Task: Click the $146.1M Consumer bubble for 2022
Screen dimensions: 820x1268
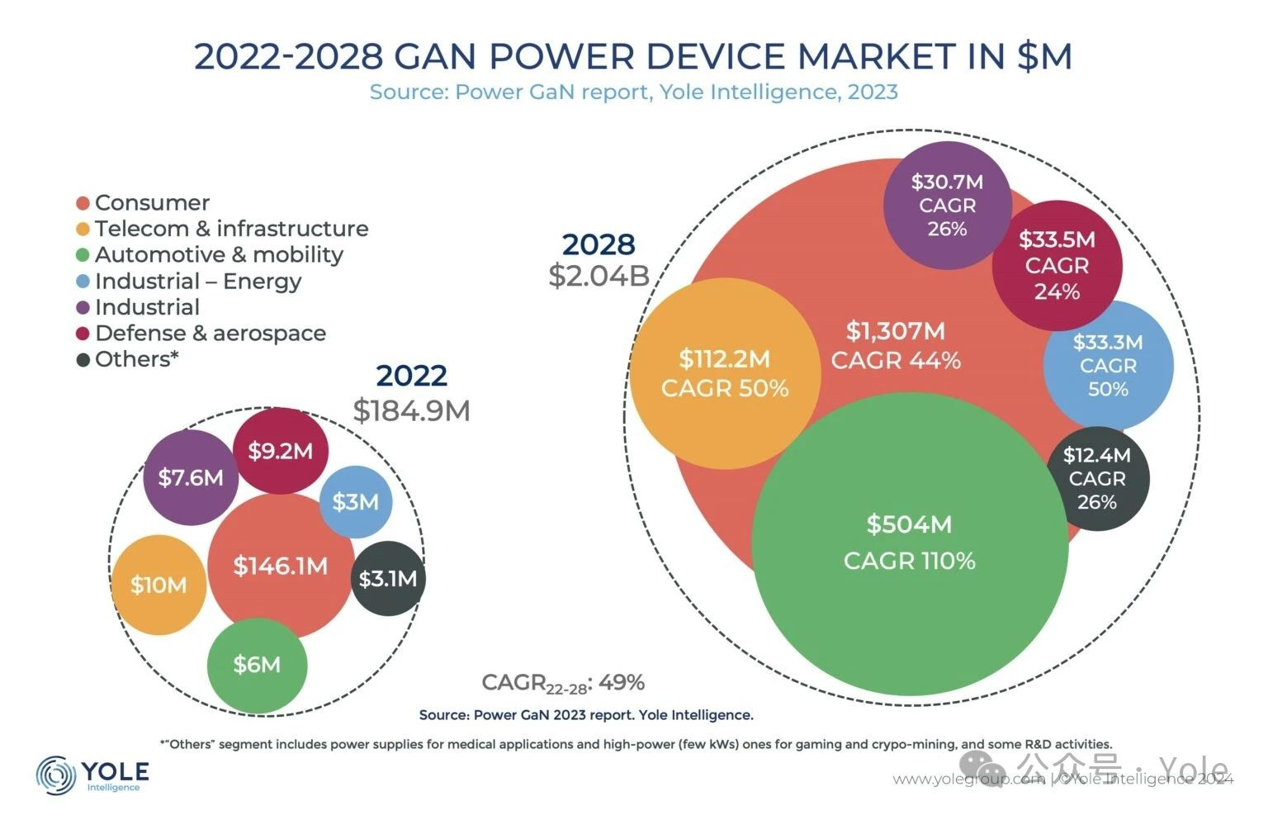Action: [281, 566]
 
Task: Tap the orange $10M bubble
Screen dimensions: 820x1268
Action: [158, 585]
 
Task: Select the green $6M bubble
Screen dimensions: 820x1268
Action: [257, 665]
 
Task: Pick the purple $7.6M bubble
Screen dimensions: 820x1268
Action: [191, 477]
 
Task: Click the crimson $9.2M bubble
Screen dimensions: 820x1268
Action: [281, 451]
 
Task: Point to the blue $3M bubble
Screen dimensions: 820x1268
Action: [356, 502]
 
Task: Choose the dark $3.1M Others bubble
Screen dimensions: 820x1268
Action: [388, 578]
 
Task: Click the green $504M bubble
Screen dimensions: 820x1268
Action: [909, 543]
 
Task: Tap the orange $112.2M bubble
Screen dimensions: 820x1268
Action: [725, 373]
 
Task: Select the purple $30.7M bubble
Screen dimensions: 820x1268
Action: [947, 205]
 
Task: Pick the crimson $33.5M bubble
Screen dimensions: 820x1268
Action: [1057, 265]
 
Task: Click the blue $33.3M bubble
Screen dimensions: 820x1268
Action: [1108, 365]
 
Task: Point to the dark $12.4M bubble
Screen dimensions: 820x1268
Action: [1097, 478]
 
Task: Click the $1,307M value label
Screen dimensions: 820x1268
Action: [896, 331]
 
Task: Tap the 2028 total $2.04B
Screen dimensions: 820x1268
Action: [599, 276]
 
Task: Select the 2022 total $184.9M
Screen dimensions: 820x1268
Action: [411, 410]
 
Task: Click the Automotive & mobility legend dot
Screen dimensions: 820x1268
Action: [83, 255]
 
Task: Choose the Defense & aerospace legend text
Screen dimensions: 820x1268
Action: [211, 334]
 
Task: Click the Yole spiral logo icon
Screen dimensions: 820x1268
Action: [56, 775]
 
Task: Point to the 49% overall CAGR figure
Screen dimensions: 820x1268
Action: [622, 683]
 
